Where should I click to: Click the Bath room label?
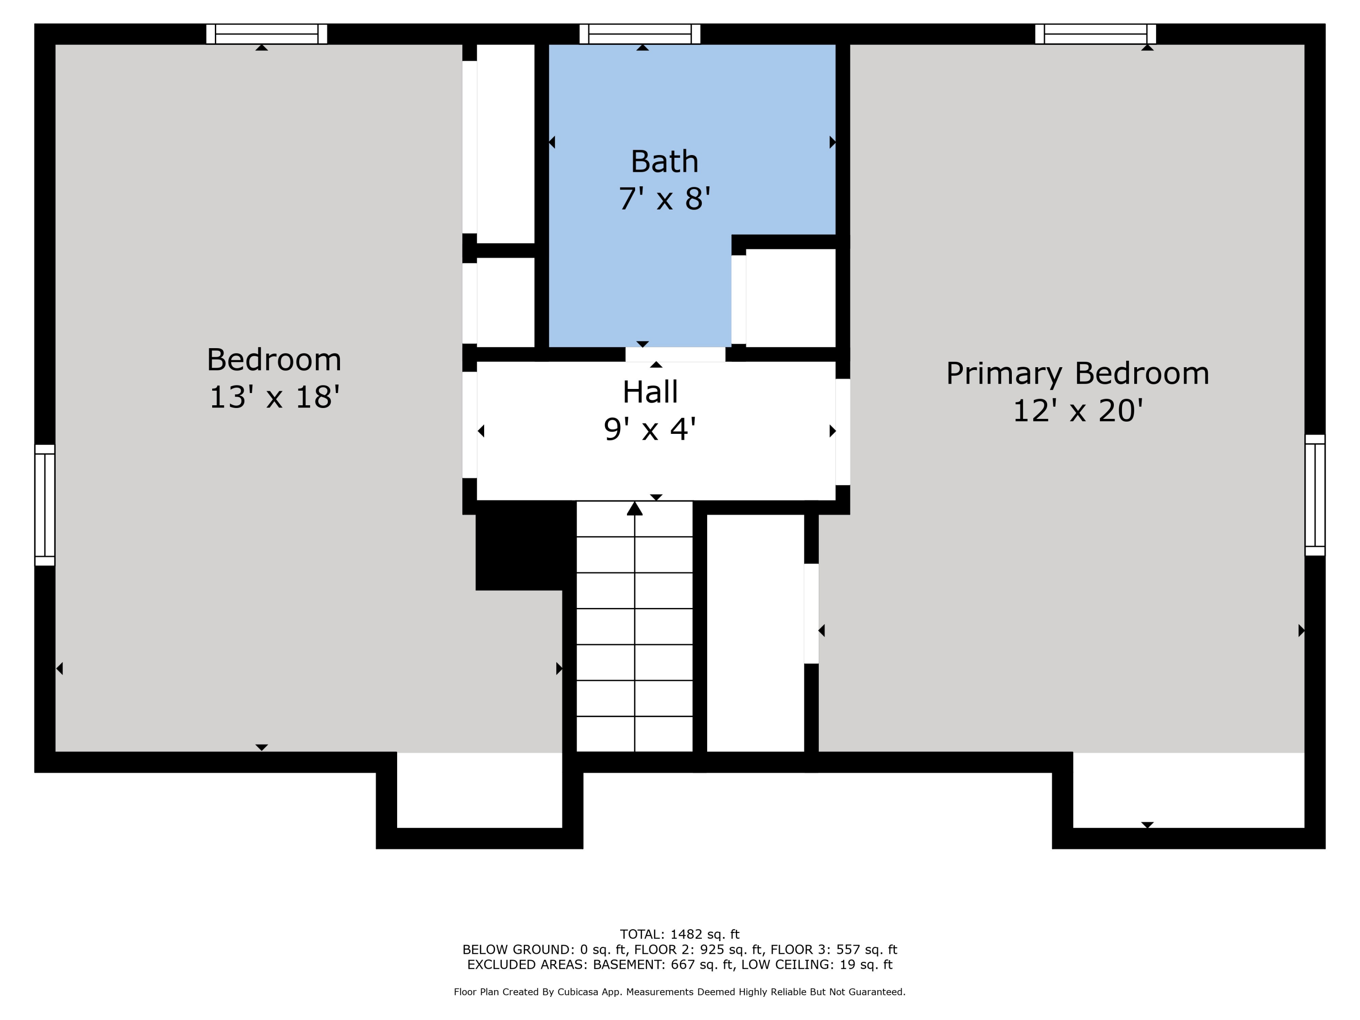(x=665, y=162)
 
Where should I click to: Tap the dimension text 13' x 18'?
(x=274, y=397)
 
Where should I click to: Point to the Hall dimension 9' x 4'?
(x=650, y=429)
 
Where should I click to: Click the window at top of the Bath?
(x=640, y=34)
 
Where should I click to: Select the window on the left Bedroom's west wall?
(x=45, y=505)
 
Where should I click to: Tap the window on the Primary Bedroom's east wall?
(x=1315, y=495)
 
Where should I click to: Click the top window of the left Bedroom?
(x=266, y=34)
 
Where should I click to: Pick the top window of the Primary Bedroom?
(x=1095, y=34)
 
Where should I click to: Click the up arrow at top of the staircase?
(x=635, y=509)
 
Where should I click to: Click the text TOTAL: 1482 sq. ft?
(x=680, y=934)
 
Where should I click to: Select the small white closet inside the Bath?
(x=790, y=298)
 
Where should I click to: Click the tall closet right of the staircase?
(x=755, y=633)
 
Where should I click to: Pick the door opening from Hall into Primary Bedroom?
(x=842, y=432)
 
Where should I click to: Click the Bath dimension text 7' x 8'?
(x=665, y=199)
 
